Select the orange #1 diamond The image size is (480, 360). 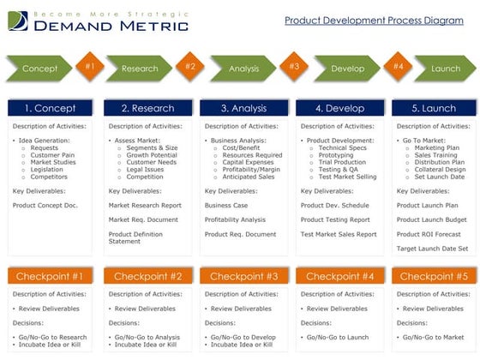tap(90, 66)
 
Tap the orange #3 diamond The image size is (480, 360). tap(293, 66)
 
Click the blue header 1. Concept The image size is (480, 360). tap(50, 108)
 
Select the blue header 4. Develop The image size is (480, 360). tap(339, 108)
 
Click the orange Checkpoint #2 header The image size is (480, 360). tap(147, 276)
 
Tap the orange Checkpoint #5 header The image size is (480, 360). tap(434, 276)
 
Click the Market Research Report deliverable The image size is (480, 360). tap(145, 206)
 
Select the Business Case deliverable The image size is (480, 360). tap(225, 206)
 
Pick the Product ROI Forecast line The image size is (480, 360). tap(429, 234)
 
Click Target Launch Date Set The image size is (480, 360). tap(433, 249)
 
